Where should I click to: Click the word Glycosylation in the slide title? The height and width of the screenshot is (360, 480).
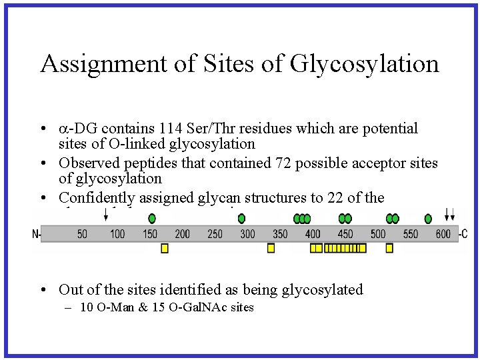pos(365,64)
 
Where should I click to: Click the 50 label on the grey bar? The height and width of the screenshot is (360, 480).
pos(83,234)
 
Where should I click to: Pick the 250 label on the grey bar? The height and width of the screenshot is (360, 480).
pos(215,234)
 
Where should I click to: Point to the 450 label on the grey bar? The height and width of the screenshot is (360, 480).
pos(345,234)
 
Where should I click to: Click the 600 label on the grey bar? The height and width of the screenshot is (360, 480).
pos(443,234)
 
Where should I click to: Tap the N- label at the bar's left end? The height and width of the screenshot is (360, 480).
pos(36,234)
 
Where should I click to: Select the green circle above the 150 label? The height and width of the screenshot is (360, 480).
pos(152,218)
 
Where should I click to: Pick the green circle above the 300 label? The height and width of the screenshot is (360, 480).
pos(241,218)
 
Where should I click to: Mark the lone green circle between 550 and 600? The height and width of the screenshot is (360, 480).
pos(428,218)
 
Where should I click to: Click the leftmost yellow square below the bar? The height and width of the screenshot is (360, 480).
pos(165,248)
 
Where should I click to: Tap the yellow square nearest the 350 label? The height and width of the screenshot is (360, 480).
pos(271,248)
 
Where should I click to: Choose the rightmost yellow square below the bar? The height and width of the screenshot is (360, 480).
pos(389,248)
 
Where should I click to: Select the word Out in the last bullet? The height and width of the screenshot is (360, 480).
pos(71,289)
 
